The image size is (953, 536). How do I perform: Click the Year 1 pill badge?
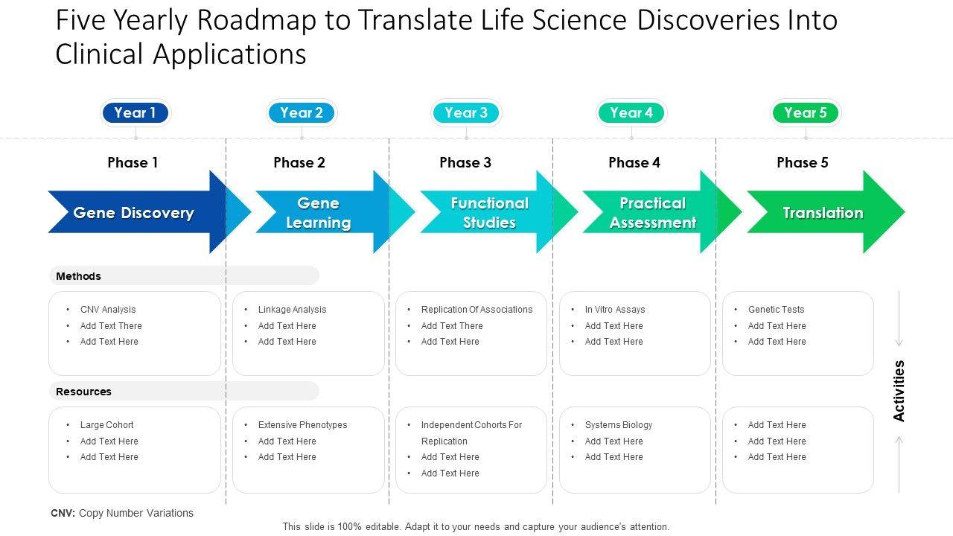coord(136,113)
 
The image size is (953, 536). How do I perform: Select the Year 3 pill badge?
coord(466,113)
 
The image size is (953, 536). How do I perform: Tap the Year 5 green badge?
coord(806,113)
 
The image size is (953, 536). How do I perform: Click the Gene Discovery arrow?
coord(134,213)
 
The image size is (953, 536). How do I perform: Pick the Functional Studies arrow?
coord(489,213)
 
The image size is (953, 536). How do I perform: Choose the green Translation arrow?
coord(823,213)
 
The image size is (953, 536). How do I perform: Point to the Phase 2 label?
coord(299,162)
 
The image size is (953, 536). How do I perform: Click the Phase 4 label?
coord(634,162)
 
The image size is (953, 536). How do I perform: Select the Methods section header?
coord(78,276)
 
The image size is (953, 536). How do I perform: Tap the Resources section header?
coord(83,392)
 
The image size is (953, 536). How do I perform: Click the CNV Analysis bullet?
coord(108,310)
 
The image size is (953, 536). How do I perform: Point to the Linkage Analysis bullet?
coord(292,310)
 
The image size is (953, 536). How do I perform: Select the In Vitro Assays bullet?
coord(615,310)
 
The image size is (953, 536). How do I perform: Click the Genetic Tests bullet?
coord(776,310)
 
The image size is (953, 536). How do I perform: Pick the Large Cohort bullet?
coord(107,425)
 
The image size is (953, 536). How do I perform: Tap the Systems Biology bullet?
coord(619,425)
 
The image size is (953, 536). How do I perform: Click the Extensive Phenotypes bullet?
coord(302,425)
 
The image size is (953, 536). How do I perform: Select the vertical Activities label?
coord(899,391)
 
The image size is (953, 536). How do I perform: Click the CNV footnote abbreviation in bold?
coord(63,513)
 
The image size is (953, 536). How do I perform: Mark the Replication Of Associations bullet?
coord(476,310)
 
